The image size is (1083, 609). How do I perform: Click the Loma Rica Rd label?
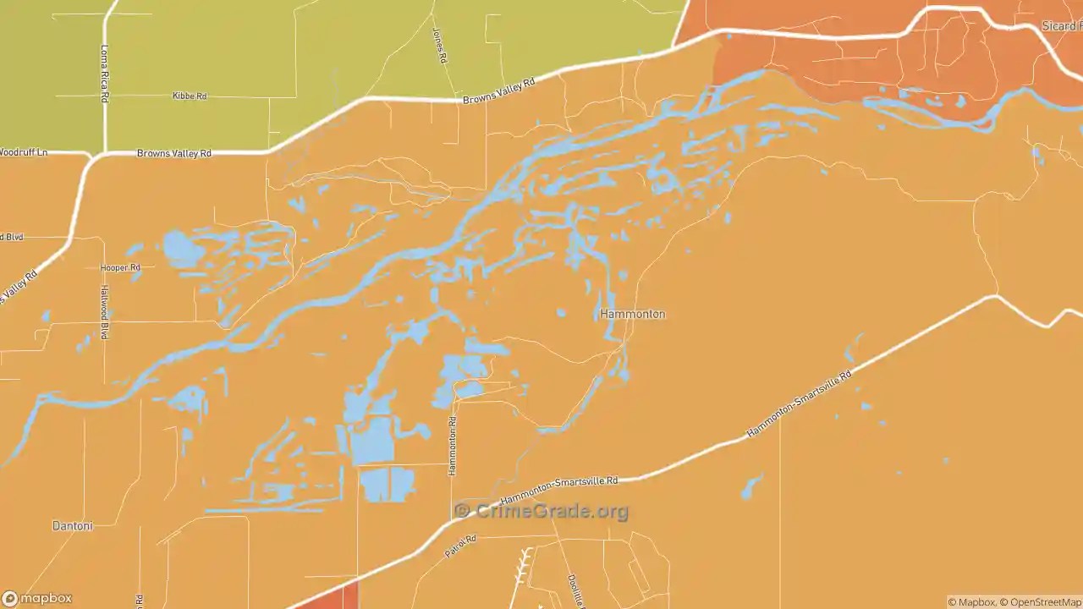(105, 74)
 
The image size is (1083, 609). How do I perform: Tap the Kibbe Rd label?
(190, 96)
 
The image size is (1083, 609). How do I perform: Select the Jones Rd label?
(438, 47)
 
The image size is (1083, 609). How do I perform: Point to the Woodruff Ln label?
(24, 152)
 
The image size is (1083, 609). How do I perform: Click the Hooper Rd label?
(120, 267)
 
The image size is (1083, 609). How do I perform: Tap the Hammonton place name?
(632, 314)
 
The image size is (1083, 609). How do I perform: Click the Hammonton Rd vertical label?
(453, 446)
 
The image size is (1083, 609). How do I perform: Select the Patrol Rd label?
(461, 546)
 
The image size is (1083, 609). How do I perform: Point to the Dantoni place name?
(72, 526)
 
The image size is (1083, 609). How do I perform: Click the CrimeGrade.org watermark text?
(541, 511)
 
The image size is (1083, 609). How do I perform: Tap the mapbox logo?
(37, 598)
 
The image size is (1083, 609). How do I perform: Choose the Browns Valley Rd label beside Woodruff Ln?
(173, 154)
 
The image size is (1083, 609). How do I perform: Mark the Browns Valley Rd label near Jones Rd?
(499, 91)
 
